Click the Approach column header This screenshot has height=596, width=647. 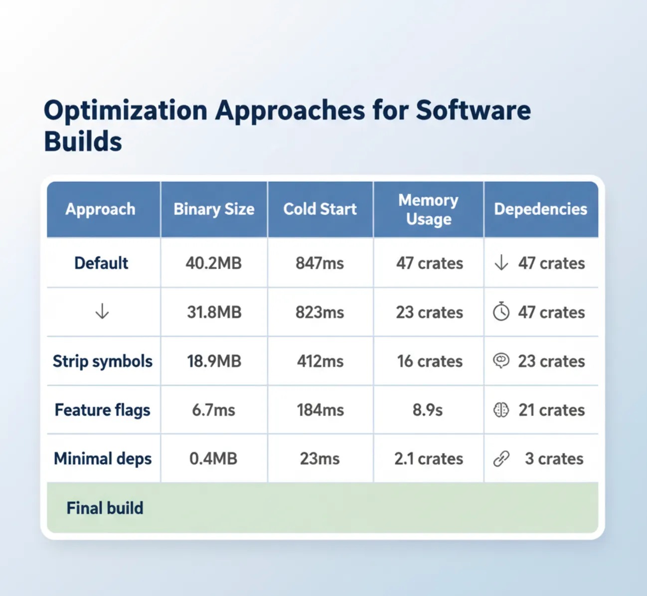(100, 209)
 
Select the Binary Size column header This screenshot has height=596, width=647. (214, 209)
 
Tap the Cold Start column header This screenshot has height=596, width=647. (320, 209)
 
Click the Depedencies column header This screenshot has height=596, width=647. (540, 209)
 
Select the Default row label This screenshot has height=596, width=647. (101, 263)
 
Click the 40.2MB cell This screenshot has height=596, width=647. (213, 263)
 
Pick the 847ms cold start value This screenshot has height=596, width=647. (320, 263)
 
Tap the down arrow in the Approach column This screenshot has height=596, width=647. (102, 311)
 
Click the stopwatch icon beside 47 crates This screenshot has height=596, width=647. (501, 311)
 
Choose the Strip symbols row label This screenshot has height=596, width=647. (103, 361)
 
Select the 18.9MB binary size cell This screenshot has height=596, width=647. (214, 361)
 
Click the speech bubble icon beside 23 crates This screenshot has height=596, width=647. (501, 361)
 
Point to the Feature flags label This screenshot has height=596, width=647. (103, 410)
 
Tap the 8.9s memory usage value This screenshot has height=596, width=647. (428, 410)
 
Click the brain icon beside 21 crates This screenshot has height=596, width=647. (501, 410)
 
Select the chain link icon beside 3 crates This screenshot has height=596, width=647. (501, 458)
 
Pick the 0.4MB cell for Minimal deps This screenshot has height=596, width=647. (213, 458)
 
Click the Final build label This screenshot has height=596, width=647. (105, 508)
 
